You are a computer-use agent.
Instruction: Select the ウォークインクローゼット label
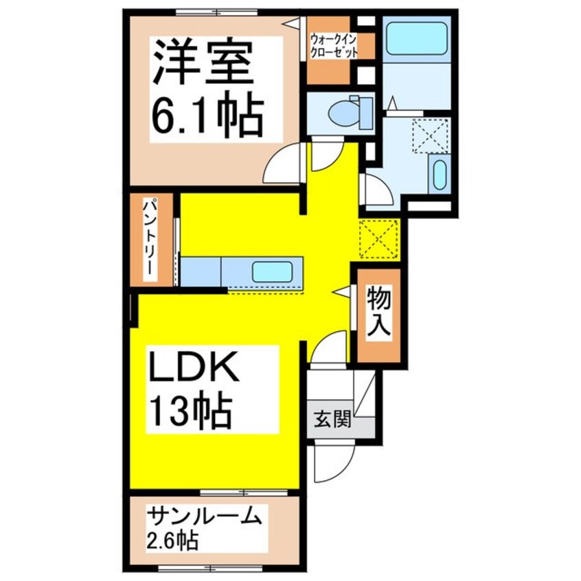point(334,45)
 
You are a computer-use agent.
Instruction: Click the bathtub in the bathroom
point(416,38)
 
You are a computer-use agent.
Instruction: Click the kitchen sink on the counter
point(275,272)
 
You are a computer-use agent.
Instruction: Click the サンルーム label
point(204,516)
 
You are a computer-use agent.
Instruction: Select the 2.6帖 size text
point(172,540)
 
